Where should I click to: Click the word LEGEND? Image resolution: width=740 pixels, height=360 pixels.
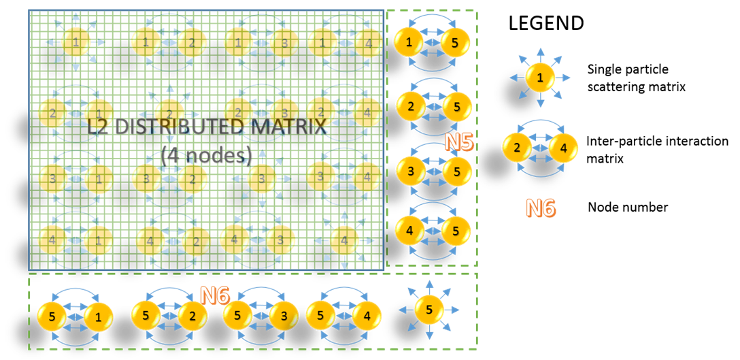coord(546,22)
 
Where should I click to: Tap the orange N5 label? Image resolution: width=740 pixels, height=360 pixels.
coord(459,142)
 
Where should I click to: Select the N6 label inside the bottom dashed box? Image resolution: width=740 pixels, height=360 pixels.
coord(215,296)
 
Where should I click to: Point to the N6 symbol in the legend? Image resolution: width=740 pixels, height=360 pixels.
coord(540,208)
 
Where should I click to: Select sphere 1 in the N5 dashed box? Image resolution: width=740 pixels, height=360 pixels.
coord(409,42)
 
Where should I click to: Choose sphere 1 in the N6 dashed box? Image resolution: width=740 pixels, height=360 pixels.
coord(98,316)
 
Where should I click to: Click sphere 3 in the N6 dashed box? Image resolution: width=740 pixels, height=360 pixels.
coord(284,316)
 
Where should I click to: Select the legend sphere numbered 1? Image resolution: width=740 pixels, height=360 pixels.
coord(540,78)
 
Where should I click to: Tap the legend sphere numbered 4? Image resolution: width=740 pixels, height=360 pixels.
coord(563,147)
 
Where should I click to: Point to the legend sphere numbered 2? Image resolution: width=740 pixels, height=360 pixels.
coord(518,147)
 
